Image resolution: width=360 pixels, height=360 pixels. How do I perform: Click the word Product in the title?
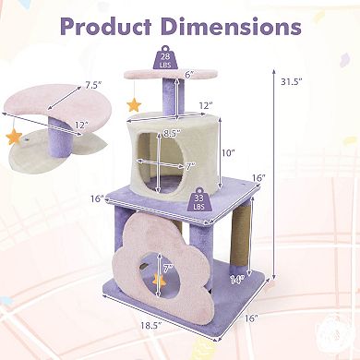[107, 26]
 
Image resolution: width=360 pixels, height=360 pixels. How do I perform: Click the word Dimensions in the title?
[231, 26]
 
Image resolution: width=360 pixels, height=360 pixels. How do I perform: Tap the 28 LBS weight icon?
[165, 57]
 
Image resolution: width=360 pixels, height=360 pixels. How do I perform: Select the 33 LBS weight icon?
[198, 199]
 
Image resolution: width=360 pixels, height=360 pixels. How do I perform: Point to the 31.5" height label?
[291, 82]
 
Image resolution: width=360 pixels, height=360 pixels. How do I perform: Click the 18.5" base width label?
[151, 326]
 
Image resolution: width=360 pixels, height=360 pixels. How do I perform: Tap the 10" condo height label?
[228, 153]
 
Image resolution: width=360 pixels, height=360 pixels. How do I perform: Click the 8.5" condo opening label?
[172, 134]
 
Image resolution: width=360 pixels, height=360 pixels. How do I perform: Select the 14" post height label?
[237, 280]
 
